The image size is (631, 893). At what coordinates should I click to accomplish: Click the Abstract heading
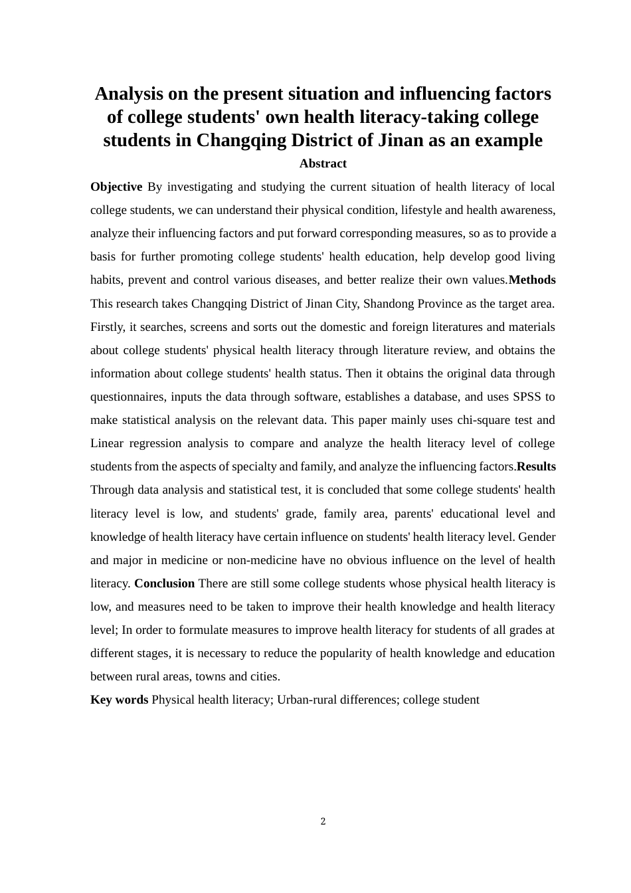point(323,163)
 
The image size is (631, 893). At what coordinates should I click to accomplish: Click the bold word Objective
point(116,187)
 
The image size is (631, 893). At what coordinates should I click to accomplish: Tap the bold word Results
point(536,466)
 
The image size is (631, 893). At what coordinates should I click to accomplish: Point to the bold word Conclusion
point(164,583)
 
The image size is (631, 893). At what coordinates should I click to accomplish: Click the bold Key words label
point(119,700)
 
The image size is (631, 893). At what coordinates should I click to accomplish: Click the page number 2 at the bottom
point(323,821)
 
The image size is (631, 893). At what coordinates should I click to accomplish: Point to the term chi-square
point(483,420)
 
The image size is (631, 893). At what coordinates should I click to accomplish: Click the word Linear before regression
point(107,443)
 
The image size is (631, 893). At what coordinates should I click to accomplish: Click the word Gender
point(537,537)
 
